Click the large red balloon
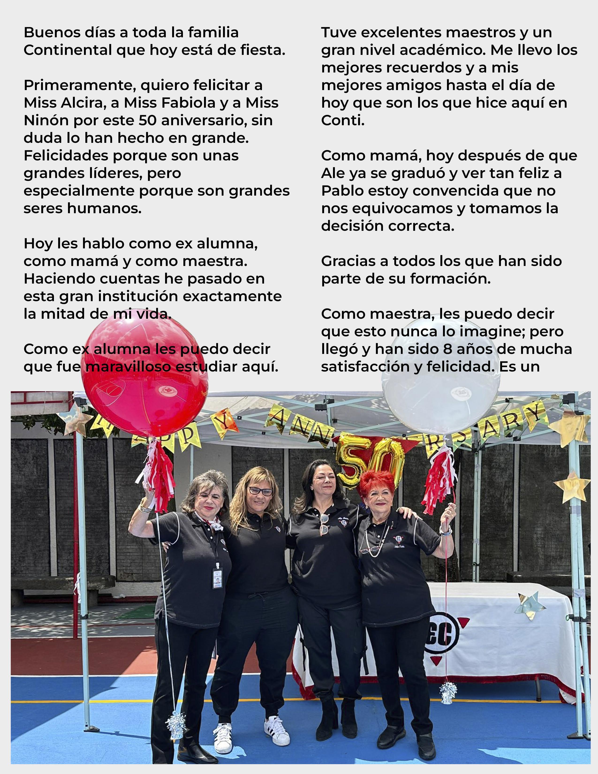click(144, 376)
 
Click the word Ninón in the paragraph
click(46, 121)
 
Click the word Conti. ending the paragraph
click(343, 121)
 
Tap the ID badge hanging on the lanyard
click(217, 578)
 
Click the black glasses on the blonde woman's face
click(260, 491)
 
